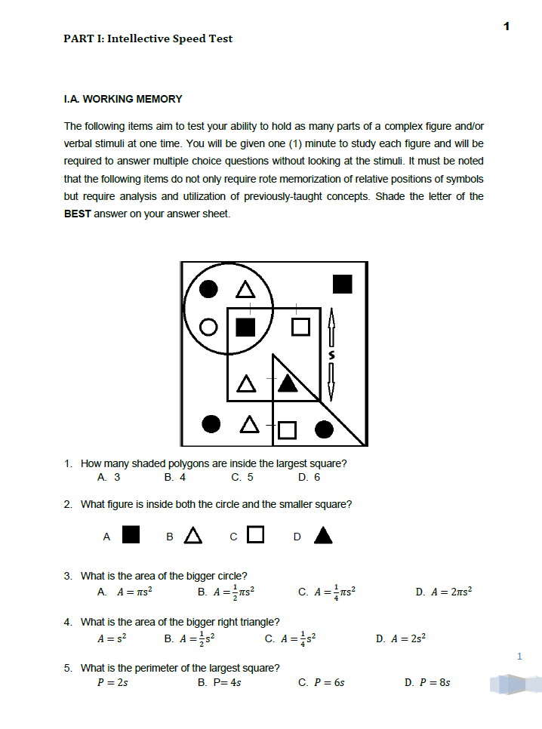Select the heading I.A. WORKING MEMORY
123,99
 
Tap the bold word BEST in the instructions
78,214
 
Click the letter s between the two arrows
330,353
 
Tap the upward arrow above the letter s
330,328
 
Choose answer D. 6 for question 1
309,477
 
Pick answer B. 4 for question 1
174,477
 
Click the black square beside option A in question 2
131,535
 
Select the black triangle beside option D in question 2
323,535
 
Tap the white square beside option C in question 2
256,535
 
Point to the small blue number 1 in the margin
519,656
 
